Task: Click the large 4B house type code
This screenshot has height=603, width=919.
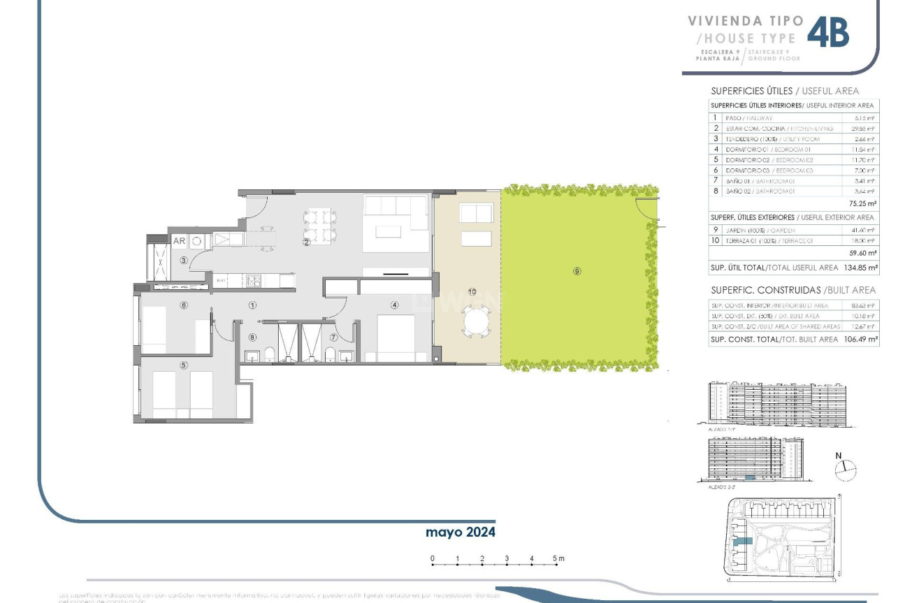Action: [828, 33]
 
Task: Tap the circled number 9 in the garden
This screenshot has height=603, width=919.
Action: [577, 271]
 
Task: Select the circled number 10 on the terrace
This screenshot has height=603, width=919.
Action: [472, 291]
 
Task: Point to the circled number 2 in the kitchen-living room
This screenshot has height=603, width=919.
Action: [305, 242]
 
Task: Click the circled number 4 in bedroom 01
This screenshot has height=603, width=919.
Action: [394, 305]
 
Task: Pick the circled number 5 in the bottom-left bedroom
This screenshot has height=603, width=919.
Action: [184, 365]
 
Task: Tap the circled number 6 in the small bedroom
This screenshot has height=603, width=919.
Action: [184, 305]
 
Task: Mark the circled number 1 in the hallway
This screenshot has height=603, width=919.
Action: [252, 305]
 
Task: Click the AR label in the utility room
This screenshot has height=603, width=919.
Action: [179, 241]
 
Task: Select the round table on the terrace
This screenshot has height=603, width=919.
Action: [477, 323]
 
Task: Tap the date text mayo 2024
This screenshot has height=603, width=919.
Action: [461, 532]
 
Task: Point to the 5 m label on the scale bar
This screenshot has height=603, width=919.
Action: [558, 558]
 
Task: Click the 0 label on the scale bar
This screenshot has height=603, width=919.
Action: [433, 558]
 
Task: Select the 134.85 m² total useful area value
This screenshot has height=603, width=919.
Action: [862, 267]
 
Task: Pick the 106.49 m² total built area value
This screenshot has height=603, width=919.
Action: [862, 339]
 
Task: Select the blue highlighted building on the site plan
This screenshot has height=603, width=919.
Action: [742, 542]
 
